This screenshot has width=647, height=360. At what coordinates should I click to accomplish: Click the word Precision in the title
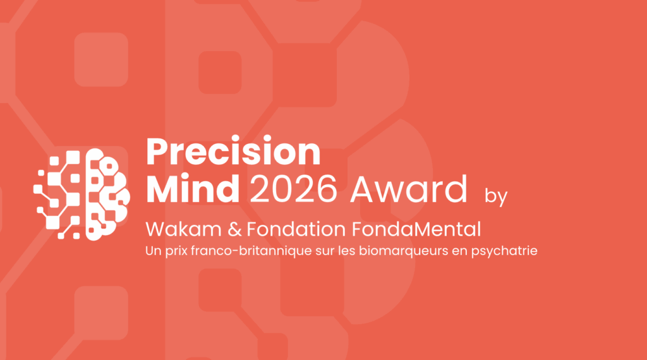[234, 152]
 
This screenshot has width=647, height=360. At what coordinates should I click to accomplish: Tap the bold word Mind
[193, 188]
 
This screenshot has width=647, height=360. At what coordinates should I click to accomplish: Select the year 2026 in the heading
[293, 189]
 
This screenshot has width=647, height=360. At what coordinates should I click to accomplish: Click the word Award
[409, 188]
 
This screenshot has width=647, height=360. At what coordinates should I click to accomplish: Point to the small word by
[496, 196]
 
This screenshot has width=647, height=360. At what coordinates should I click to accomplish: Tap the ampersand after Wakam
[234, 229]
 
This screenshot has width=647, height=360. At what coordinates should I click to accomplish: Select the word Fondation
[296, 229]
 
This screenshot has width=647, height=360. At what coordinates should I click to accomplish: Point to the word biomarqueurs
[404, 251]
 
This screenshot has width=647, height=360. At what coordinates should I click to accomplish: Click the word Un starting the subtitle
[154, 251]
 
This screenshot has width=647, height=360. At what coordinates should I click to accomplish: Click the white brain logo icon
[82, 195]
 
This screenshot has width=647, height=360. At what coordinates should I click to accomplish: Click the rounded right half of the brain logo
[107, 195]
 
